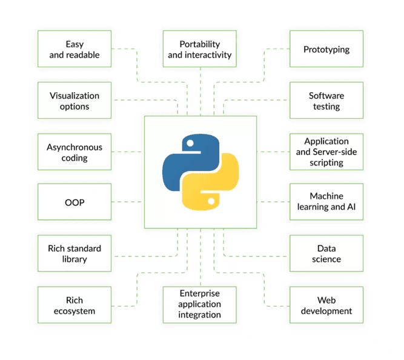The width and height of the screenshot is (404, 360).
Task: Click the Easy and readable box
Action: (75, 48)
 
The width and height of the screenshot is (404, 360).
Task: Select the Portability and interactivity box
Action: (200, 48)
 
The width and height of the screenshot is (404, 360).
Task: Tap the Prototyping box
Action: (326, 48)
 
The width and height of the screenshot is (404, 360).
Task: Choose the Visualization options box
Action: (75, 101)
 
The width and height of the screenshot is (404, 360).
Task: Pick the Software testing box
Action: (326, 101)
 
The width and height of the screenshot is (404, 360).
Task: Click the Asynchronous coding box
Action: (75, 152)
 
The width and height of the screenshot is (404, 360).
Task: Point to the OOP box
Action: (75, 202)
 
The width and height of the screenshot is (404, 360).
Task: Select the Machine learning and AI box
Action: (326, 202)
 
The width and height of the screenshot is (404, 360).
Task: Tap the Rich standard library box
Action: (75, 253)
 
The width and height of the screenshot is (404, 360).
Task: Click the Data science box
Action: (326, 253)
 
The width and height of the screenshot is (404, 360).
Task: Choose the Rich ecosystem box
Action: (75, 305)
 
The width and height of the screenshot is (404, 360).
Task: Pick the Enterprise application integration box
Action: (200, 305)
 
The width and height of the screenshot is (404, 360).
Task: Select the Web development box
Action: (326, 305)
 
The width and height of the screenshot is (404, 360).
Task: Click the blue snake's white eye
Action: (190, 143)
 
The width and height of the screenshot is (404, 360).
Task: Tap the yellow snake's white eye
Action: (211, 201)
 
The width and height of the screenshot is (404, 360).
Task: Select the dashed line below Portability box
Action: (200, 92)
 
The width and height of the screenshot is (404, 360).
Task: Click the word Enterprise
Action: (200, 293)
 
